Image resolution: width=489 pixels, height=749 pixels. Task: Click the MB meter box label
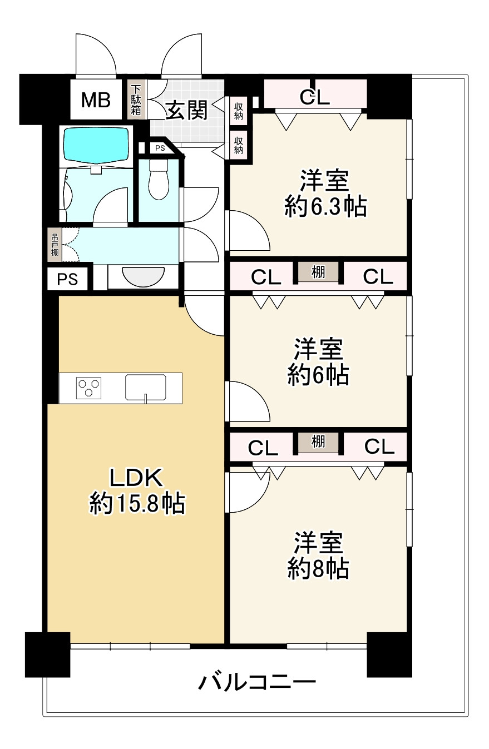[96, 100]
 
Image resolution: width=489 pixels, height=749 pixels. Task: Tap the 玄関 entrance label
[186, 110]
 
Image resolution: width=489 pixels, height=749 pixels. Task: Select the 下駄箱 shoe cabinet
[136, 100]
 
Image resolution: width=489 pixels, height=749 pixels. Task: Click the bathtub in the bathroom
[97, 144]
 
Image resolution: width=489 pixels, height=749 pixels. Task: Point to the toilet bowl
[159, 179]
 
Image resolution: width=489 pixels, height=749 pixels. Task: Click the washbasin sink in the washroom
[144, 276]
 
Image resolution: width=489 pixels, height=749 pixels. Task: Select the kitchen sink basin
[146, 386]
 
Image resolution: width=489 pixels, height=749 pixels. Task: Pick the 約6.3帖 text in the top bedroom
[325, 207]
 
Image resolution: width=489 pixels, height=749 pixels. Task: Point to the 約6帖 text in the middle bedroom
[318, 376]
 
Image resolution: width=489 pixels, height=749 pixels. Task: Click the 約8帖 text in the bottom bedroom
[318, 568]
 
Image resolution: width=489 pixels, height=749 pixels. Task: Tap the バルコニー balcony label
[257, 681]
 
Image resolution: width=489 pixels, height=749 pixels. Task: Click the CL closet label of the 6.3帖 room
[315, 97]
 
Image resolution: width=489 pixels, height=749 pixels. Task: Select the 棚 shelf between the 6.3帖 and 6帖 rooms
[318, 272]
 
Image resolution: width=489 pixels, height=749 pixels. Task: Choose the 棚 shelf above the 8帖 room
[318, 442]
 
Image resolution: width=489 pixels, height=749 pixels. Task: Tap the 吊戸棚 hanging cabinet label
[55, 244]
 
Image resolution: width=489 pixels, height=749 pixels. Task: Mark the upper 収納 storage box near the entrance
[239, 111]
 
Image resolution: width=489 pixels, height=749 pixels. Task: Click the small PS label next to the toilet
[160, 148]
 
